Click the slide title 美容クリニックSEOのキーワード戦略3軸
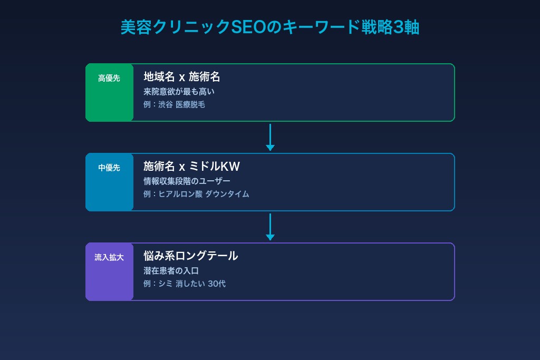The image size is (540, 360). [x=269, y=27]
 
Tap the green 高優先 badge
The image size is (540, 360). [x=109, y=79]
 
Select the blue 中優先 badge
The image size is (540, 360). [x=109, y=168]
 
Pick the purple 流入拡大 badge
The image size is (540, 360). [x=109, y=258]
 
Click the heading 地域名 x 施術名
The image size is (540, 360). [x=182, y=77]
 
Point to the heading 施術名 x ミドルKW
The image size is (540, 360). [x=191, y=167]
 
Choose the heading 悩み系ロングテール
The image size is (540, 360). [x=191, y=256]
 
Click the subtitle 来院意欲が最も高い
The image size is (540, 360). [x=179, y=92]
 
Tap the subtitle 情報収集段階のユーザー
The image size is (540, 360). [x=187, y=181]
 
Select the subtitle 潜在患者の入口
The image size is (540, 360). [x=171, y=271]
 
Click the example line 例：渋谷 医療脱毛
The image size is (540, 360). [x=174, y=105]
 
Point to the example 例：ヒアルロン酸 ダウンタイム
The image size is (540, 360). [x=196, y=194]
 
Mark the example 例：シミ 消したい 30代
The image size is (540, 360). [x=185, y=284]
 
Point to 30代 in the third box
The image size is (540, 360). [x=217, y=284]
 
